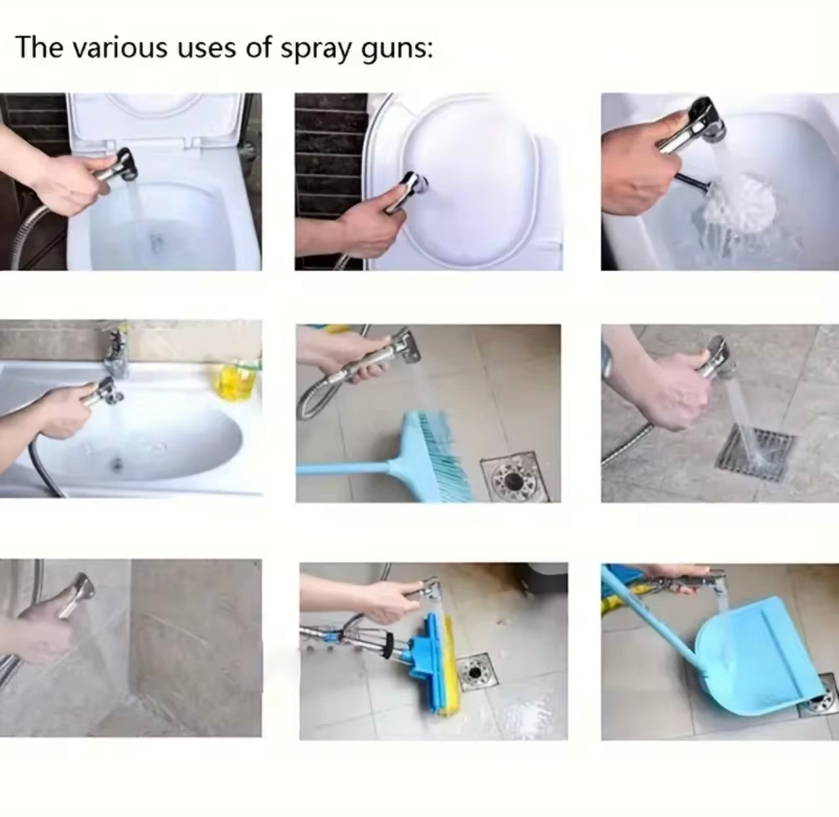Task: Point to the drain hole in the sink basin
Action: [x=117, y=464]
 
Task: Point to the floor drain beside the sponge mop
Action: [x=471, y=673]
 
